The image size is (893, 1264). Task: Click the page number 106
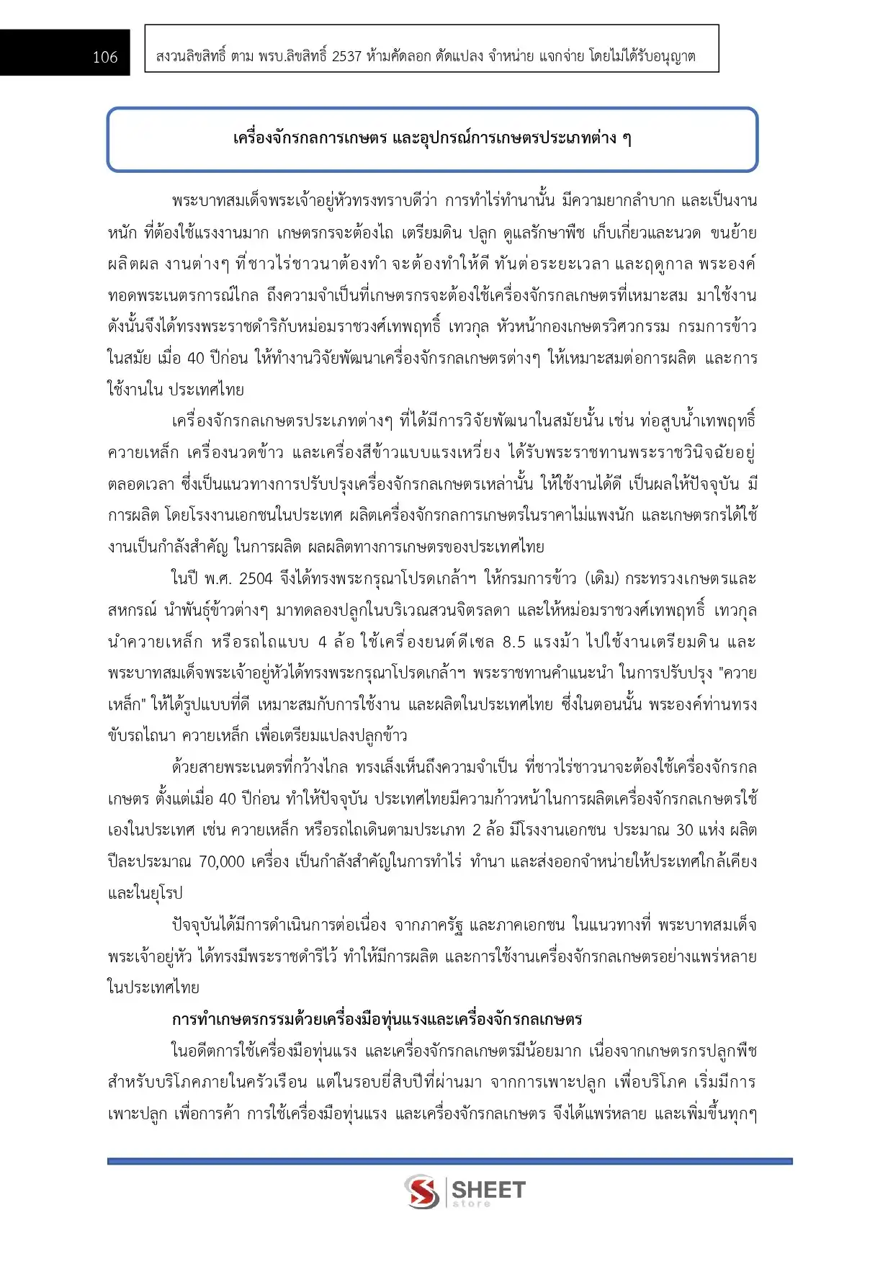[104, 57]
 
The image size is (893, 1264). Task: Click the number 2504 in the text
[256, 578]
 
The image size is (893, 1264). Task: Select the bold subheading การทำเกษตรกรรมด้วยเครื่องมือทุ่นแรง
[377, 1019]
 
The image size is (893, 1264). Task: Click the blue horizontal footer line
[449, 1161]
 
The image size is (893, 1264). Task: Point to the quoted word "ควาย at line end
[737, 673]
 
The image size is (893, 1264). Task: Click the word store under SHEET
[472, 1204]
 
